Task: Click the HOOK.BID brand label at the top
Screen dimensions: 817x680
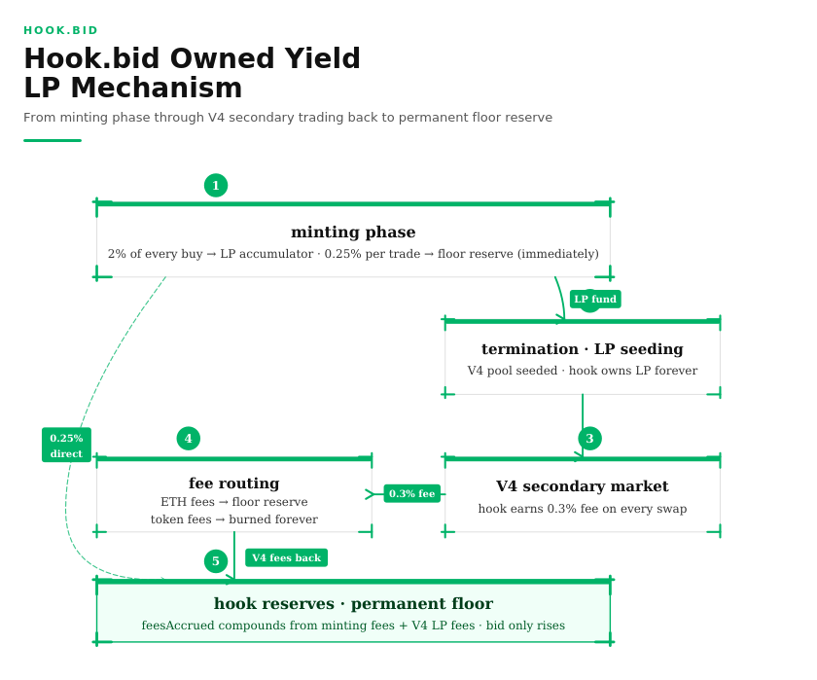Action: click(61, 30)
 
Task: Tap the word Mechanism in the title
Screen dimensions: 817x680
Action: click(157, 88)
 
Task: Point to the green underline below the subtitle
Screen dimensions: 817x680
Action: click(53, 140)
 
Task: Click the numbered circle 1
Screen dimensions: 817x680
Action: click(216, 186)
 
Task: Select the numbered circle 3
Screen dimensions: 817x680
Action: click(589, 438)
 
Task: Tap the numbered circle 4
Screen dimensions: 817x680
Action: click(188, 438)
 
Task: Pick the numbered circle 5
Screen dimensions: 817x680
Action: click(216, 561)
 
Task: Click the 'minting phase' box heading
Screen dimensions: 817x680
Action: click(353, 232)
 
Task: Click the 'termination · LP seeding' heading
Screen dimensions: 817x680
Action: click(583, 348)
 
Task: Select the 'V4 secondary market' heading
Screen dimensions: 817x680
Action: click(583, 486)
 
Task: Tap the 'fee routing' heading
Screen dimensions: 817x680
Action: click(234, 483)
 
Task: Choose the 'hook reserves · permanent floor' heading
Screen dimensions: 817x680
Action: click(353, 603)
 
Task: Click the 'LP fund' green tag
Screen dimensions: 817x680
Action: click(595, 299)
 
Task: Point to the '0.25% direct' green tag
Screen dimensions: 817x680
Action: click(66, 446)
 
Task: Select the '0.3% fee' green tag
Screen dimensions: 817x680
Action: click(412, 493)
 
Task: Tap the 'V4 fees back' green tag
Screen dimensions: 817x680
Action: click(287, 557)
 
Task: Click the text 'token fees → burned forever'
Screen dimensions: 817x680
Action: click(234, 519)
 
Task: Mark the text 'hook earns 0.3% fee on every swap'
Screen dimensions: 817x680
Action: click(583, 509)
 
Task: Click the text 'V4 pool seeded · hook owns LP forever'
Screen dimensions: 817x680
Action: click(583, 371)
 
